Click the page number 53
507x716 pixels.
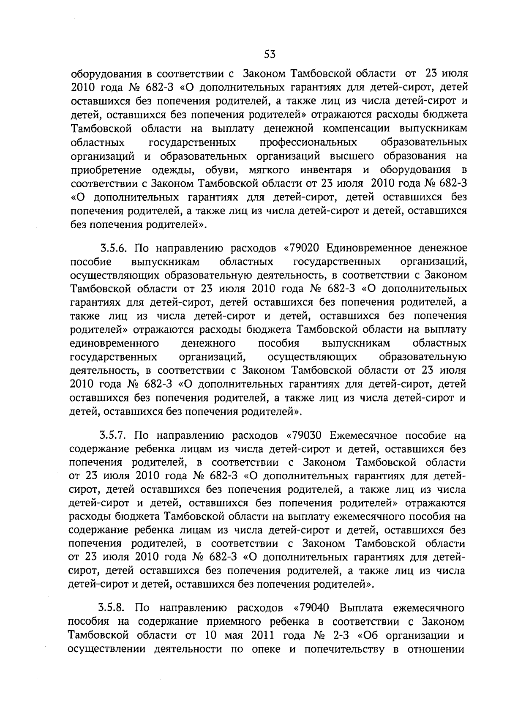coord(270,54)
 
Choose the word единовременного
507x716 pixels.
coord(114,343)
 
